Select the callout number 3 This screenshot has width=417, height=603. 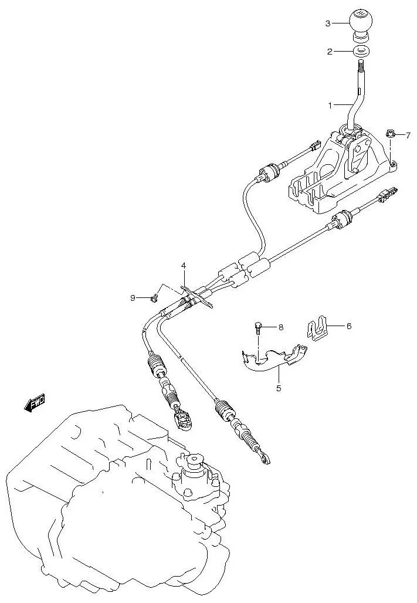coord(328,23)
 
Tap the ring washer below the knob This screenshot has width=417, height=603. coord(361,51)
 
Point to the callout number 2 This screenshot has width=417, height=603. coord(330,52)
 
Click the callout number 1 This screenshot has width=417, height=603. coord(330,106)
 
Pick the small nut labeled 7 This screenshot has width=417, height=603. coord(390,134)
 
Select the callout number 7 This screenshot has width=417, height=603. coord(408,135)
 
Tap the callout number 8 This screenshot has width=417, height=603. coord(280,327)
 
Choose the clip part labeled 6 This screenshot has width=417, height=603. coord(317,328)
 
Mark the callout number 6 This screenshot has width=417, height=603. coord(348,326)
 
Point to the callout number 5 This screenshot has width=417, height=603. coord(279,388)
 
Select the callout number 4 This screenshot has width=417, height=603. coord(184,266)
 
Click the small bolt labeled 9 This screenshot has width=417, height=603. coord(154,298)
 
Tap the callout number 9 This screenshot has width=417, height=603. coord(133,298)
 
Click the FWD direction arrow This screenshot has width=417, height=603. coord(35,403)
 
